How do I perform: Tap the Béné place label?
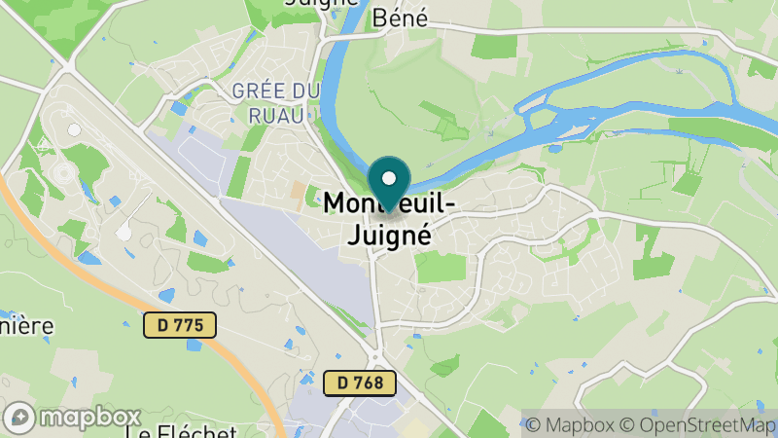click(x=401, y=17)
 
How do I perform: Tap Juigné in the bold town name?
click(x=389, y=234)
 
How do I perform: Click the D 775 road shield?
click(x=180, y=324)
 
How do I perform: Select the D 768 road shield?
click(x=360, y=383)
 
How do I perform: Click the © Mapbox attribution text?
click(x=570, y=423)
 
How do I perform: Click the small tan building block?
click(x=297, y=194)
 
